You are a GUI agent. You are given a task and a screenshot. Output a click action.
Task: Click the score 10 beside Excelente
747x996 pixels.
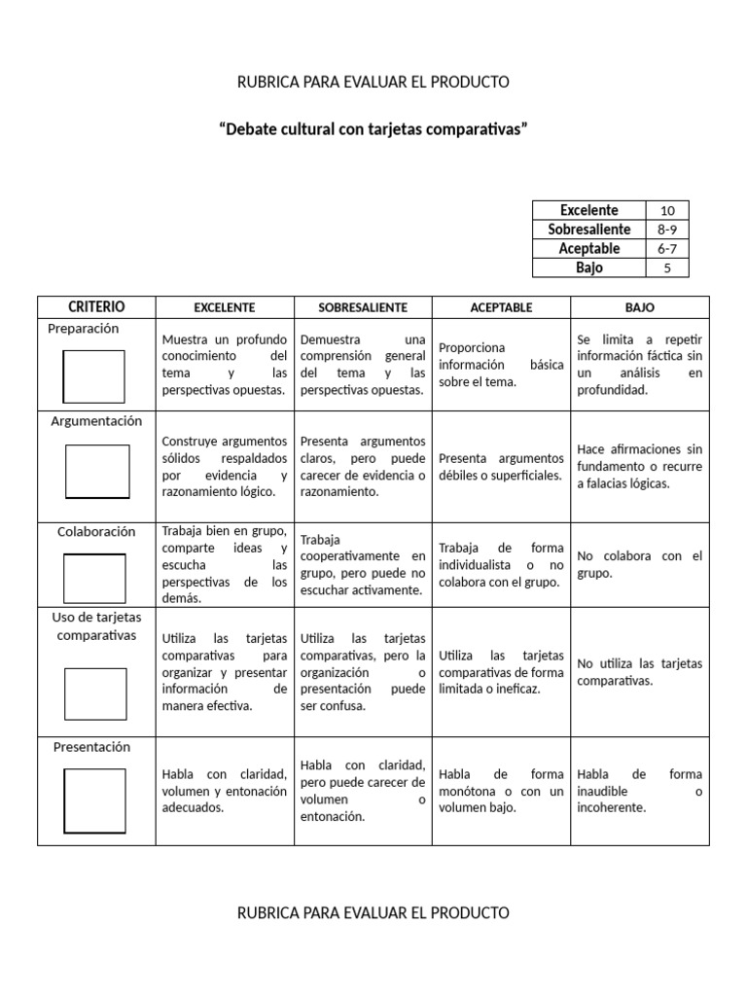[x=667, y=210]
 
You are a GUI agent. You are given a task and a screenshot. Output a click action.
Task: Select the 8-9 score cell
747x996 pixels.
[x=667, y=230]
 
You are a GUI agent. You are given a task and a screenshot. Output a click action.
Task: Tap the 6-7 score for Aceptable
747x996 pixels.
[x=667, y=249]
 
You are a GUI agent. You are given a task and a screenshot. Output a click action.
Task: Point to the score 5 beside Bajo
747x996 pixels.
[x=667, y=267]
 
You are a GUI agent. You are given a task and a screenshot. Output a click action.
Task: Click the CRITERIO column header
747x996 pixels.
[x=96, y=306]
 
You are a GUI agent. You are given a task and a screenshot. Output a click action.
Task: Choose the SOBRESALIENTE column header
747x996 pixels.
[x=363, y=307]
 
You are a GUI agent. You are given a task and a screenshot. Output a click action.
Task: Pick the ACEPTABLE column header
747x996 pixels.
[x=501, y=307]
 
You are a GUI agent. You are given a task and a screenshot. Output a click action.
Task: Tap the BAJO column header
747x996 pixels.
[x=639, y=307]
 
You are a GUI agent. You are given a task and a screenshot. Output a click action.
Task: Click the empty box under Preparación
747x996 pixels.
[x=94, y=376]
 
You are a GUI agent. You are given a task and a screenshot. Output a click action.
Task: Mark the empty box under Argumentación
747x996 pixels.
[x=96, y=472]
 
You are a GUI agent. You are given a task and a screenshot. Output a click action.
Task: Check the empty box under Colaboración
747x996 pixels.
[x=94, y=578]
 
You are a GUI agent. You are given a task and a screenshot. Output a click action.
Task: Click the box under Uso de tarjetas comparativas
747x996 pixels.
[x=95, y=694]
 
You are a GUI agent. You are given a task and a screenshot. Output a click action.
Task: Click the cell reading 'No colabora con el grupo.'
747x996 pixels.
[x=639, y=564]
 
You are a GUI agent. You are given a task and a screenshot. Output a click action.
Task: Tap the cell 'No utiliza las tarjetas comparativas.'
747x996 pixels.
[x=639, y=671]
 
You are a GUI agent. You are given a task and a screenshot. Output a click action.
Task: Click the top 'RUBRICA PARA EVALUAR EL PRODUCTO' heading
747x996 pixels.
[x=373, y=82]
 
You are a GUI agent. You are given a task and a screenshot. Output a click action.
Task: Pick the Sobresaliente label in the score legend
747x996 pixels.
[x=589, y=230]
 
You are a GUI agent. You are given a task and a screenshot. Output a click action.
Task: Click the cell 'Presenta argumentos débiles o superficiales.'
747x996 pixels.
[x=501, y=467]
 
